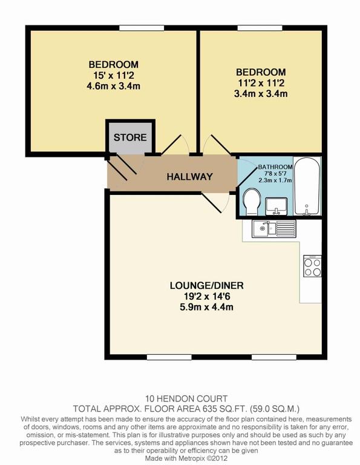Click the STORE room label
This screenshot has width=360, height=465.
130,137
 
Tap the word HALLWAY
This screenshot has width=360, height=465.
189,177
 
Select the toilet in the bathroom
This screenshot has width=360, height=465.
251,202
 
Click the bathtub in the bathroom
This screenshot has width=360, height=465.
307,186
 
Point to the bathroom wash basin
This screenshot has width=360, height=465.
276,206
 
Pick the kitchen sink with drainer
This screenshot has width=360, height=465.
273,228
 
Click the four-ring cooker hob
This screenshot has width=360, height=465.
312,266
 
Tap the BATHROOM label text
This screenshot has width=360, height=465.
275,167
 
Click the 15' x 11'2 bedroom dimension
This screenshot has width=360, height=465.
114,75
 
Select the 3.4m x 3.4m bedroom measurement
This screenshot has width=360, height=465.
261,94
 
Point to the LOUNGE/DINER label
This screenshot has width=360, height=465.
207,286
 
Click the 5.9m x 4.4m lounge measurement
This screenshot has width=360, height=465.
206,307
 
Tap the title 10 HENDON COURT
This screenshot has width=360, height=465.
186,398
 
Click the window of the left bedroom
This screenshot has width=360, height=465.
142,28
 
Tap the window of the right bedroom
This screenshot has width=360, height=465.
260,28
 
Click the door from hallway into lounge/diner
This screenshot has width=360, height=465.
215,203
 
